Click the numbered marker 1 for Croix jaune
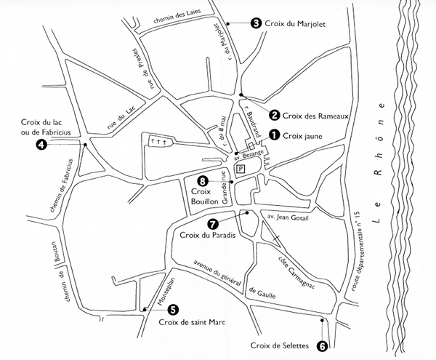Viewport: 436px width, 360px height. point(274,135)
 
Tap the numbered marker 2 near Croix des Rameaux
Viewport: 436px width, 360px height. point(274,113)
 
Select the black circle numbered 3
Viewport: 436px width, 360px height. point(256,23)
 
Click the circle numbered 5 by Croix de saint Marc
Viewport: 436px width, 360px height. point(172,309)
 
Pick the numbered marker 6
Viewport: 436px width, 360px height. point(323,348)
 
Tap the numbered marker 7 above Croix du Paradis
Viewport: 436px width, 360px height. point(212,224)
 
